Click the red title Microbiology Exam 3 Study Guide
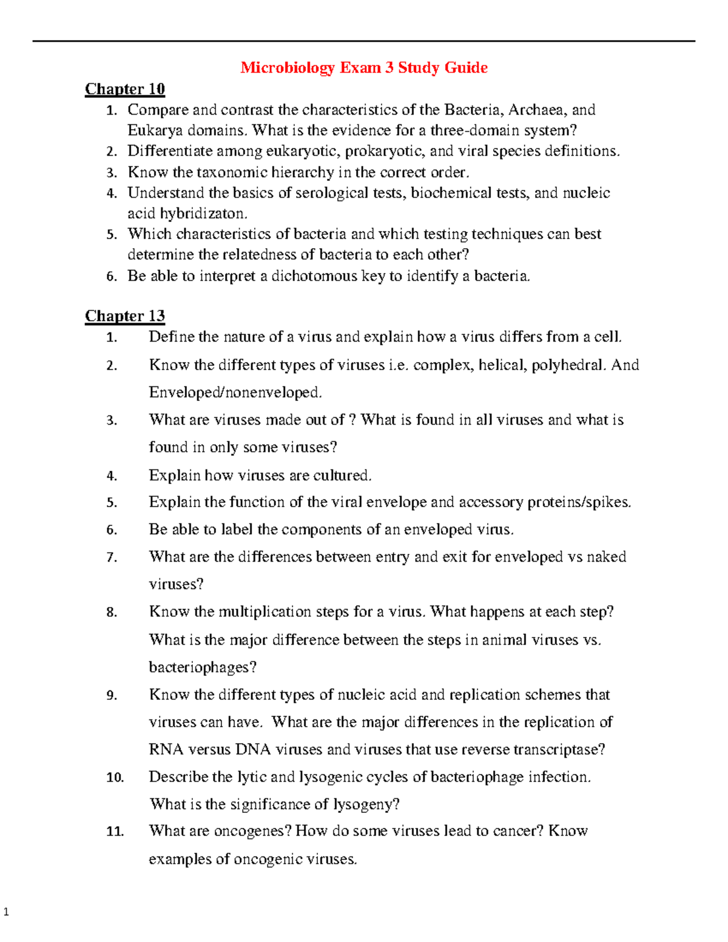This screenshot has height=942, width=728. coord(364,67)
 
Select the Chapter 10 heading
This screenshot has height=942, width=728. coord(125,89)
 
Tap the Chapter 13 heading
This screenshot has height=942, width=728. coord(125,316)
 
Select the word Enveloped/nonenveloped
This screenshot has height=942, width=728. coord(235,392)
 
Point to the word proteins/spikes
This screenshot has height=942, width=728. coord(579,502)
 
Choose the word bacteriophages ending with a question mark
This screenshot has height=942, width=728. coord(203,667)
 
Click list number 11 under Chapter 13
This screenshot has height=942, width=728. coord(115,832)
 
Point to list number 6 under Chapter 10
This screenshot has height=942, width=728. coord(112,277)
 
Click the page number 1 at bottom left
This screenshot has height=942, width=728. coord(7,912)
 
